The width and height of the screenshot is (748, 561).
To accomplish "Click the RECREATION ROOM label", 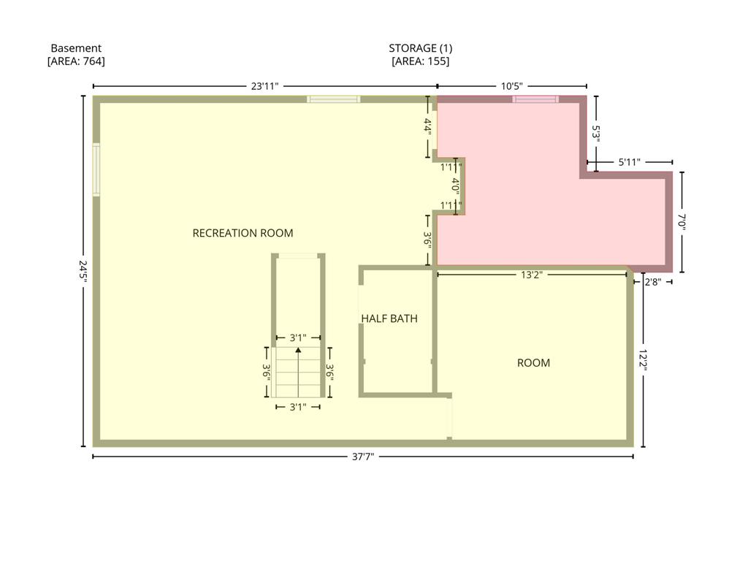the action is pos(243,233).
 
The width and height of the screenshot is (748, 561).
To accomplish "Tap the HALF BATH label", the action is pos(389,318).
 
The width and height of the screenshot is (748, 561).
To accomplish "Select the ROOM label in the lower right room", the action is pos(533,363).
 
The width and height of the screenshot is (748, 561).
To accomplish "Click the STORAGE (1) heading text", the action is pos(420,48).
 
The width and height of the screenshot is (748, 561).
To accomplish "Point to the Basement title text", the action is pos(76,48).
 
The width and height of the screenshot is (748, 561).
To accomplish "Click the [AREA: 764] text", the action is pos(76,61).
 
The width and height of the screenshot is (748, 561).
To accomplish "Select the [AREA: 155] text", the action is pos(420,61).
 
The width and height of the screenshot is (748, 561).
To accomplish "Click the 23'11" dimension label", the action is pos(264,86).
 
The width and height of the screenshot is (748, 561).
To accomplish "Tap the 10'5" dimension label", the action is pos(512,86).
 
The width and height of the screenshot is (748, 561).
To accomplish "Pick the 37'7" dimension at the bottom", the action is pos(363,457).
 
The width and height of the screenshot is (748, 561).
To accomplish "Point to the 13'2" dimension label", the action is pos(532,275).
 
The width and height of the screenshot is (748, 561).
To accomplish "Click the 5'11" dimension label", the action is pos(629,162).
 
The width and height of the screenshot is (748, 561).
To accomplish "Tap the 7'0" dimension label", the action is pos(682,222).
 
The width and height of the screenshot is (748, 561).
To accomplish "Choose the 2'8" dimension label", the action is pos(652,282).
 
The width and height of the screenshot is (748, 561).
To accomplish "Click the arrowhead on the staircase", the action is pos(298,350).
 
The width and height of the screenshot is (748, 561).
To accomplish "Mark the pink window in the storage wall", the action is pos(535,99).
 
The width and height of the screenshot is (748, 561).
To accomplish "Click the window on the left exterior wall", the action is pos(96,169).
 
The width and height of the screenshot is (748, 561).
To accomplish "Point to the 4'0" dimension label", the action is pos(456,186).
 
